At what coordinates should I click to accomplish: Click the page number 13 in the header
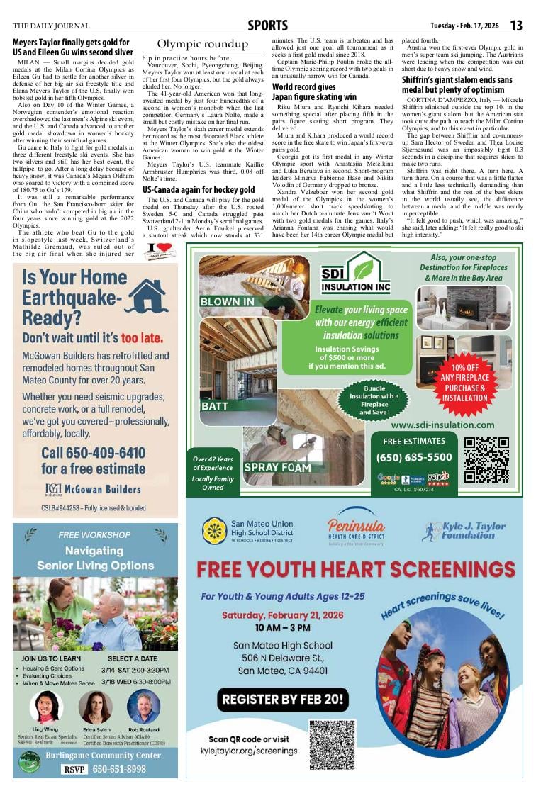(516, 26)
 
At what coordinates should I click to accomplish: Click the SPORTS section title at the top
(267, 26)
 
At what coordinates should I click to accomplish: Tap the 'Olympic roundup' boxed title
(202, 45)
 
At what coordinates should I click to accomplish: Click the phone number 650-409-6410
(93, 453)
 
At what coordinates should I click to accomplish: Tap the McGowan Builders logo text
(93, 488)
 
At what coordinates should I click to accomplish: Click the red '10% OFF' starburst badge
(465, 383)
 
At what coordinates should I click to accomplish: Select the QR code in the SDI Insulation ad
(486, 460)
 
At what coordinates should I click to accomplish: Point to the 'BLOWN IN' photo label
(228, 301)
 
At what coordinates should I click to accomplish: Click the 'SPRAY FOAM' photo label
(277, 468)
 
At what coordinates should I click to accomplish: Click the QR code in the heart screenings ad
(332, 744)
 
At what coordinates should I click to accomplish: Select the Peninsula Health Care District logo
(356, 531)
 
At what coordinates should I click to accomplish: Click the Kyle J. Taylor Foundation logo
(463, 531)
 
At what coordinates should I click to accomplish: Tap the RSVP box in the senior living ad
(79, 769)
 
